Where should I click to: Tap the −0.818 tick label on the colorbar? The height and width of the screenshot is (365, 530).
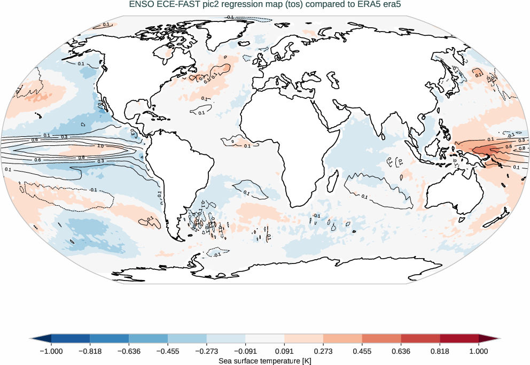pyautogui.click(x=90, y=351)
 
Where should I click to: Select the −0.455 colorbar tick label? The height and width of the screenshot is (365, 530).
pyautogui.click(x=168, y=351)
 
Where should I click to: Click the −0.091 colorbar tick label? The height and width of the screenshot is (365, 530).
pyautogui.click(x=245, y=351)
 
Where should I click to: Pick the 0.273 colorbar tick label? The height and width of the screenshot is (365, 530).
pyautogui.click(x=323, y=351)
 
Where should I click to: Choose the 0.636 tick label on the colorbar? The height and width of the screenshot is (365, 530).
pyautogui.click(x=401, y=351)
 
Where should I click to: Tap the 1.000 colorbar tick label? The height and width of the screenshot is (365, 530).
pyautogui.click(x=479, y=351)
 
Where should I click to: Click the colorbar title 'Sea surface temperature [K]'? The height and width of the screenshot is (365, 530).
pyautogui.click(x=264, y=361)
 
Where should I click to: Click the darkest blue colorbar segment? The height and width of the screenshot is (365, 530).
pyautogui.click(x=70, y=339)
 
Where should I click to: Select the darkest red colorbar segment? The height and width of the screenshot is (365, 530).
pyautogui.click(x=459, y=339)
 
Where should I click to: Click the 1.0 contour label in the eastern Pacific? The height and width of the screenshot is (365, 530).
pyautogui.click(x=99, y=146)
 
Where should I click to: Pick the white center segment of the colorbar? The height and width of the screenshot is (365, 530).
pyautogui.click(x=264, y=339)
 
